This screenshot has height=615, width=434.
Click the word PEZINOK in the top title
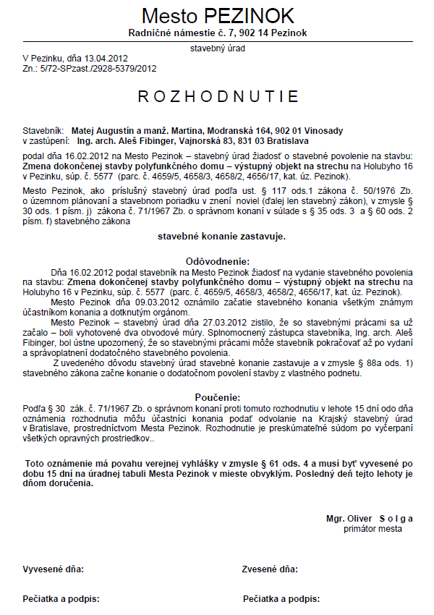[x=250, y=16]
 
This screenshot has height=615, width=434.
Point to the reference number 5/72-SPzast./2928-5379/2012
[x=98, y=69]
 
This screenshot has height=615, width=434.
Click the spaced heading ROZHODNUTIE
[x=218, y=96]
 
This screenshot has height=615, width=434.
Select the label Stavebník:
[x=45, y=130]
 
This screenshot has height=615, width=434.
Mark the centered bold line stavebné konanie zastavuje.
[x=221, y=236]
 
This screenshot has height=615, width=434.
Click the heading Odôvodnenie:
[x=218, y=261]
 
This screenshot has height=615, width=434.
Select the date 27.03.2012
[x=206, y=327]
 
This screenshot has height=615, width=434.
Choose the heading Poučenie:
[x=218, y=397]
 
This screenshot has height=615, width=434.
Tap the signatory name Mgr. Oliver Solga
[x=369, y=518]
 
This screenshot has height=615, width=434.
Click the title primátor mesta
[x=373, y=529]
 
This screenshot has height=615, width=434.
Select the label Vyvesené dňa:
[x=54, y=569]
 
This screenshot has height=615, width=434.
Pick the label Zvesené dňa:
[x=270, y=569]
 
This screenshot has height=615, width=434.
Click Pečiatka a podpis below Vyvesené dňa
[x=61, y=599]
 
